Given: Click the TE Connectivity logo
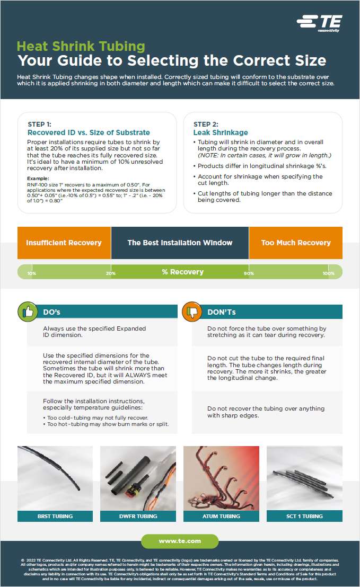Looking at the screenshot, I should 319,23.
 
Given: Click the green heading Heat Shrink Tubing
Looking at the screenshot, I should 81,46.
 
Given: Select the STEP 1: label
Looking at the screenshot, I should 43,124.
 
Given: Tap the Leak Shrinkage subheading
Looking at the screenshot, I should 213,132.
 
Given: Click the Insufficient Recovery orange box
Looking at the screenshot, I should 64,243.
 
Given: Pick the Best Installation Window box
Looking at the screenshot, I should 180,243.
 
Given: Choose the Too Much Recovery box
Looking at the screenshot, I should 295,243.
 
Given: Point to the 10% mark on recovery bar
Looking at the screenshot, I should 32,273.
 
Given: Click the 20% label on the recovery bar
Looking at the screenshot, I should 110,273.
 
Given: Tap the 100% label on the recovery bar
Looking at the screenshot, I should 328,273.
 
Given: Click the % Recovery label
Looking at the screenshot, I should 182,272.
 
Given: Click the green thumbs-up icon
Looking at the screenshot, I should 28,312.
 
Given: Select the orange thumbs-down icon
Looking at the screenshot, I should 192,312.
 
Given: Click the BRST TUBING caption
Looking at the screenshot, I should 55,516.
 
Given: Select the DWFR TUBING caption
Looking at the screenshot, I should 138,516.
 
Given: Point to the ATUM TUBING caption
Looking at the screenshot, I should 221,516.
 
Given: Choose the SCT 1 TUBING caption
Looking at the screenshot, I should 304,516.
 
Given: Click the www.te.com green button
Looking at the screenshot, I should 180,541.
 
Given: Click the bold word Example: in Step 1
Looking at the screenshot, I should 38,179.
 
